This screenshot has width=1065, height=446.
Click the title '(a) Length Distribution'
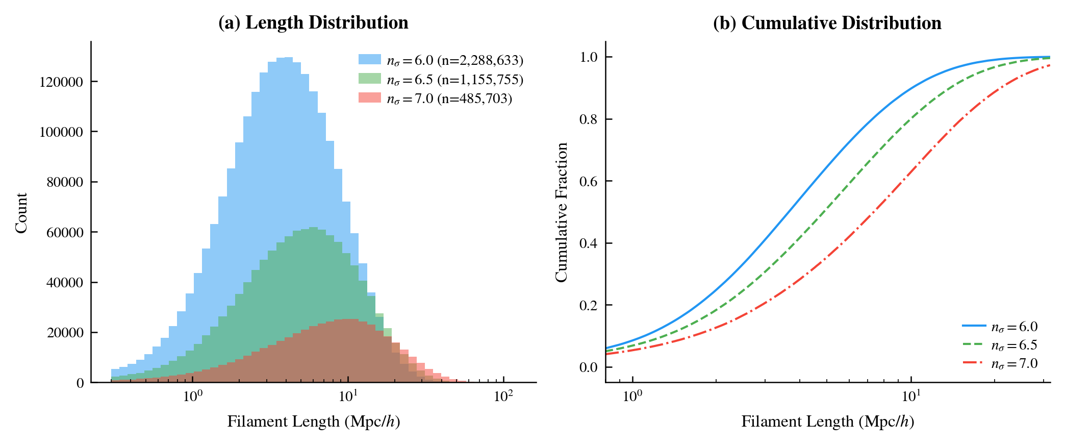point(313,23)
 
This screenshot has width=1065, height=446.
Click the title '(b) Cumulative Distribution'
point(827,23)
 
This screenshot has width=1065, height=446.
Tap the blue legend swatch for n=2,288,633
point(370,59)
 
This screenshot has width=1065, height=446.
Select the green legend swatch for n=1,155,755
point(370,79)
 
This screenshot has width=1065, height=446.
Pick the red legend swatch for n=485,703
point(370,97)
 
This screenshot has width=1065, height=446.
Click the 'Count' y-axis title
point(21,213)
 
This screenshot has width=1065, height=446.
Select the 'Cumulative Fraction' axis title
point(562,212)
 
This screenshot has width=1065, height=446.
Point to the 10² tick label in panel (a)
point(503,396)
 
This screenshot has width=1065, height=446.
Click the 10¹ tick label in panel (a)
point(348,396)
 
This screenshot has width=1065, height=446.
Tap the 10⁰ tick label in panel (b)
point(632,396)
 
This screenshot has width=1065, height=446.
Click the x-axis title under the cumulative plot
point(827,422)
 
